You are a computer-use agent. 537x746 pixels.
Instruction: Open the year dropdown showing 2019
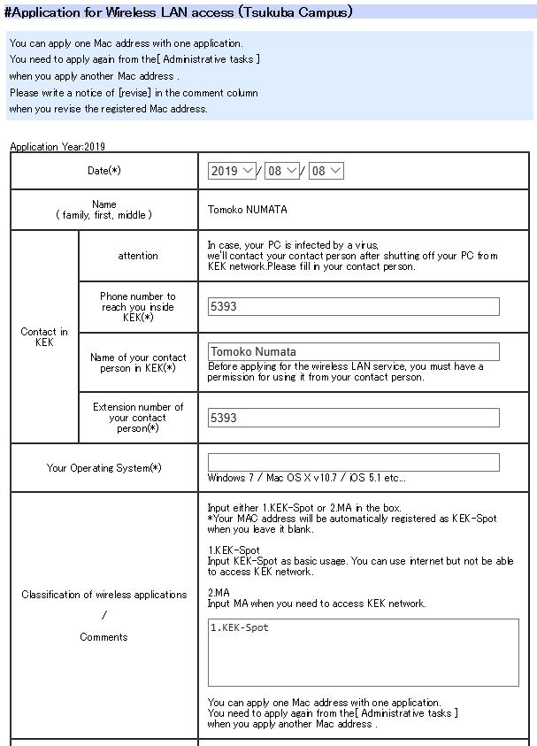[232, 171]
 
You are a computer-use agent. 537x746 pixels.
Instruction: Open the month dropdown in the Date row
[282, 171]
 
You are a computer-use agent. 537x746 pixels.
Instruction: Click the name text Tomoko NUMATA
[247, 210]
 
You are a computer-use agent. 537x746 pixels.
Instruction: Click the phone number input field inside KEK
[353, 306]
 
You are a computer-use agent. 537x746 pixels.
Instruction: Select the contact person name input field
[353, 351]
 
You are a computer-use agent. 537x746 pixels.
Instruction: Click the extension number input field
[353, 418]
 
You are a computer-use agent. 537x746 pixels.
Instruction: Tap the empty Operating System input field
[353, 462]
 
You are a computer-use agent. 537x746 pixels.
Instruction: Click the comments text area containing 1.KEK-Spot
[363, 652]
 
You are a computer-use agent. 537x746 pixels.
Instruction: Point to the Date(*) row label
[104, 171]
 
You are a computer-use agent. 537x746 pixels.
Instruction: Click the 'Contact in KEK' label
[44, 337]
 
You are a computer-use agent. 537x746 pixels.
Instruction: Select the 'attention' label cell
[138, 256]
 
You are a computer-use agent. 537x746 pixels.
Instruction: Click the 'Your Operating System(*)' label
[104, 468]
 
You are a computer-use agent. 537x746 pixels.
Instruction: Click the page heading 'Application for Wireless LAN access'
[178, 12]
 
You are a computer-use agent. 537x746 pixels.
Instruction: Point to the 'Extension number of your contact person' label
[138, 418]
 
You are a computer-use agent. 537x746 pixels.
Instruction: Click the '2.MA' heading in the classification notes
[220, 593]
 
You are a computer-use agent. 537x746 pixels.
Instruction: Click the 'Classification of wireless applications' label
[104, 595]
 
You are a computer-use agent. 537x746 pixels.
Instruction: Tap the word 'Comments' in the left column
[104, 637]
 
